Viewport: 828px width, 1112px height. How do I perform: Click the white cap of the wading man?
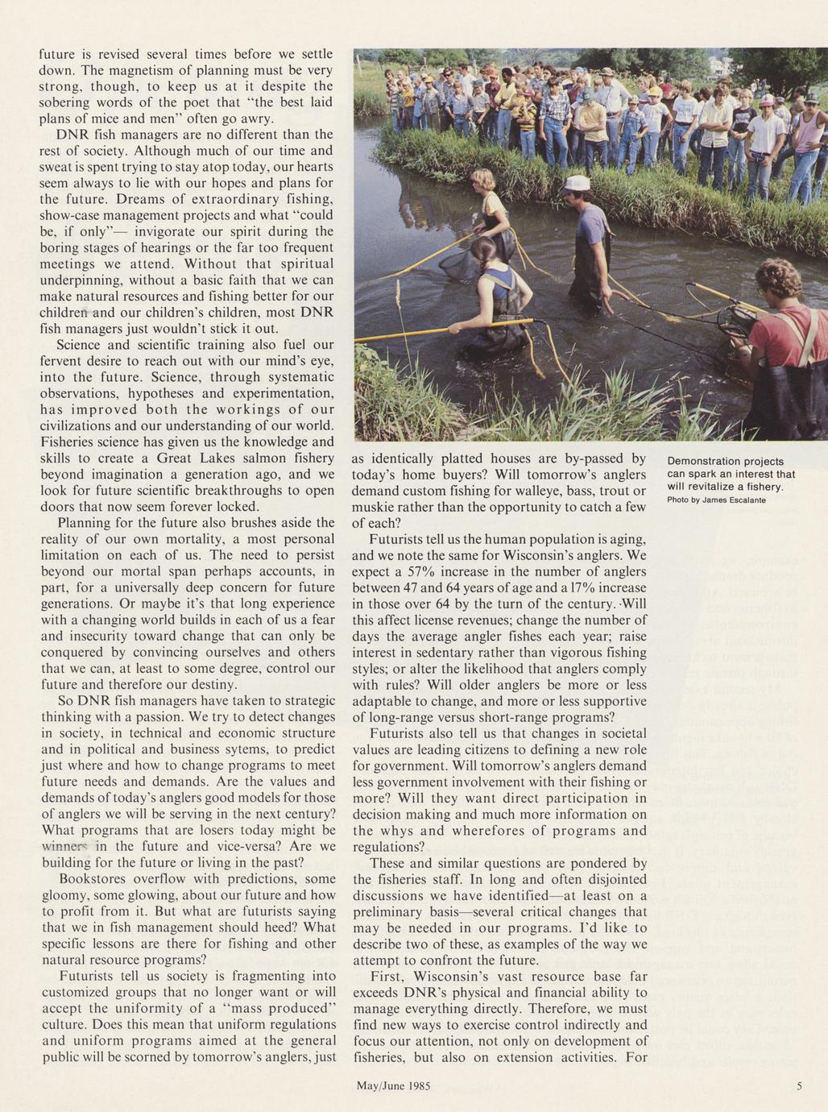576,183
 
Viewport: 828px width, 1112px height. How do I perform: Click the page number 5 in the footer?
799,1085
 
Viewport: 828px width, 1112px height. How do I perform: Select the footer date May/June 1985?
393,1085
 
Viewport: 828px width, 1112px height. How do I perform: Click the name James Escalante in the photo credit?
734,500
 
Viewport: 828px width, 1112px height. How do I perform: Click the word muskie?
374,507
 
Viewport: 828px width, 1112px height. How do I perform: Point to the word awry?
258,118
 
